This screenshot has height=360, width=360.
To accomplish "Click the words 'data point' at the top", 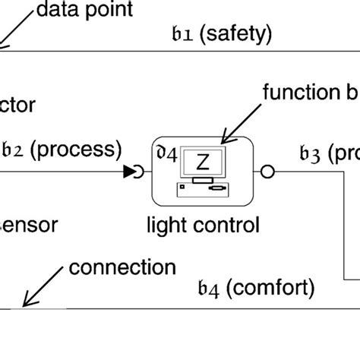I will (84, 10).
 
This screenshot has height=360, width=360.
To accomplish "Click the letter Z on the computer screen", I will (203, 161).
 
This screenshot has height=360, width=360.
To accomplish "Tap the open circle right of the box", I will (267, 172).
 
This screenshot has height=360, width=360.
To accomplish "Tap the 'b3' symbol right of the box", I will (310, 155).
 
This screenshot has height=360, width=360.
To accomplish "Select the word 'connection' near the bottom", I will (122, 268).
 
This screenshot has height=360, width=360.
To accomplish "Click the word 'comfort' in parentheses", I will (270, 288).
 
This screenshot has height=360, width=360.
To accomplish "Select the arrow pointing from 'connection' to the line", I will (41, 289).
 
